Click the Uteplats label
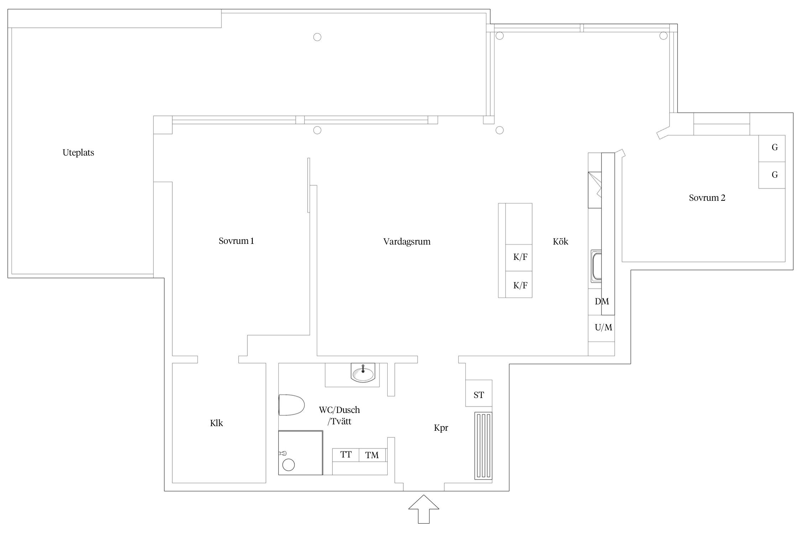tap(78, 153)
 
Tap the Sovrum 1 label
tap(236, 241)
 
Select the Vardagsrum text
tap(407, 242)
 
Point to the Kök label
tap(560, 241)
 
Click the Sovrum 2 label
tap(707, 198)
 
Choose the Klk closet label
tap(216, 423)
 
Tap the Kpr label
tap(441, 428)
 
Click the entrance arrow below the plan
tap(424, 509)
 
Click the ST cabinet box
tap(479, 393)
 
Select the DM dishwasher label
tap(602, 302)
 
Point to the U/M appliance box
tap(601, 328)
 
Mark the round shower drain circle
tap(288, 465)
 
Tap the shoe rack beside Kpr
tap(483, 446)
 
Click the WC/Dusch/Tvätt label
tap(339, 416)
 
